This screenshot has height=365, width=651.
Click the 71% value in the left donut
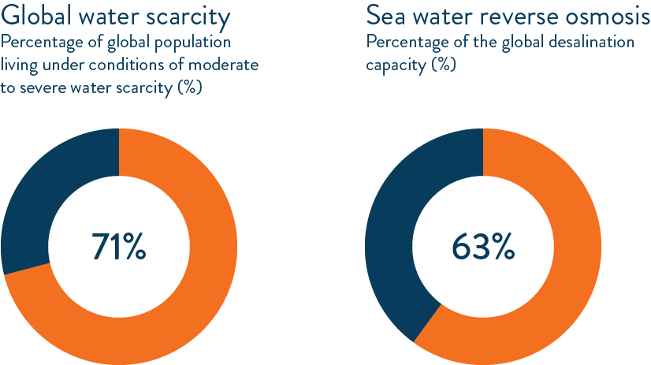(118, 247)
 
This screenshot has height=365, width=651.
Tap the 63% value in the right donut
(482, 247)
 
